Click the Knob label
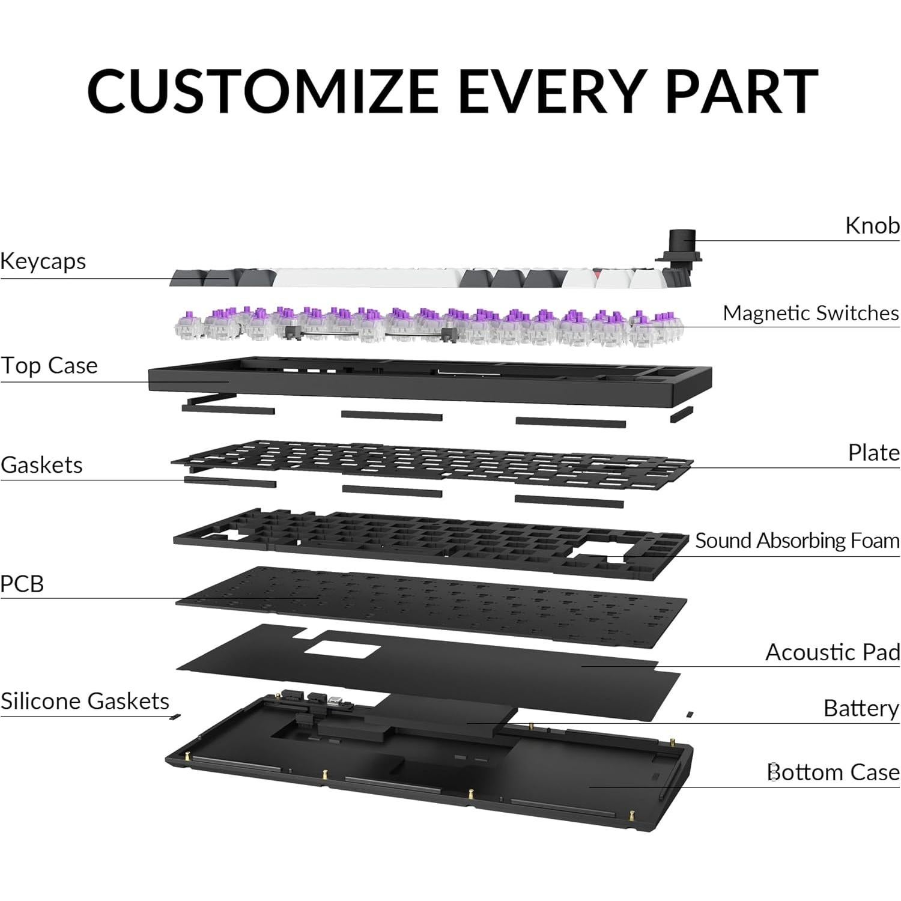coord(872,226)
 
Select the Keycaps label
coord(43,261)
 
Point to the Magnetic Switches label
coord(810,313)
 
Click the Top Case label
coord(49,365)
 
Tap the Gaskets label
coord(41,465)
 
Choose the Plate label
coord(873,452)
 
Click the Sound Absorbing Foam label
coord(797,541)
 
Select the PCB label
coord(22,584)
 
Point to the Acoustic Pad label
coord(833,652)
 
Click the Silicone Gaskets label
coord(85,701)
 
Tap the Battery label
coord(861,708)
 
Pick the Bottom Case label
coord(833,772)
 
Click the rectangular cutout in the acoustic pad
coord(342,652)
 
